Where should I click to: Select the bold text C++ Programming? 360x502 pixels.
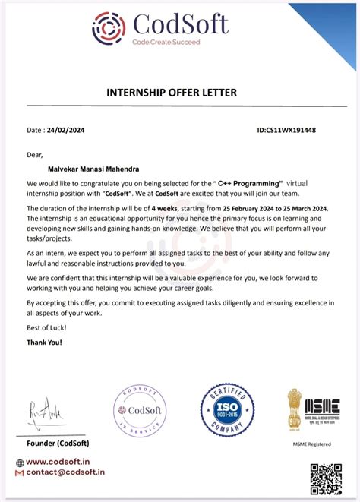pyautogui.click(x=247, y=184)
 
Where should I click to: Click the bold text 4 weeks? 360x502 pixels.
pyautogui.click(x=165, y=207)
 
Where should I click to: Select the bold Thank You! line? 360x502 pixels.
pyautogui.click(x=45, y=343)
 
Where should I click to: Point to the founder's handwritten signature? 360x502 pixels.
pyautogui.click(x=51, y=416)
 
